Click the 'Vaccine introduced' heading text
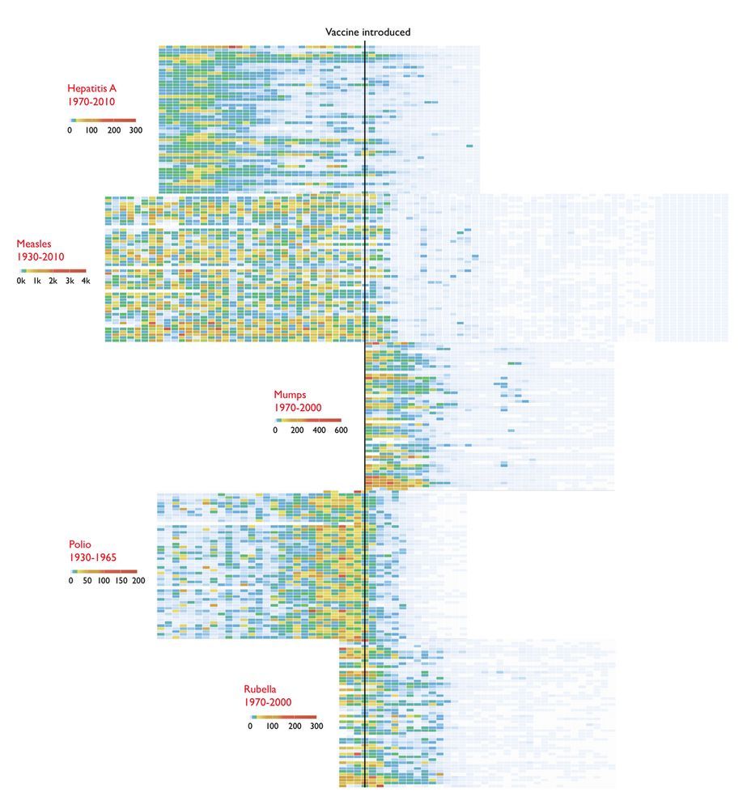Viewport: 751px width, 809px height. (367, 32)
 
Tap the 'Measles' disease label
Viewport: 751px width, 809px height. (33, 244)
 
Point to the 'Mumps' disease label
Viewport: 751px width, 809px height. (289, 395)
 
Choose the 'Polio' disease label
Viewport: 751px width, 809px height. (79, 544)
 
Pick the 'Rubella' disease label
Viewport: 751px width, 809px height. (260, 689)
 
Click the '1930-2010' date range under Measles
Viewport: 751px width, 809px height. (40, 256)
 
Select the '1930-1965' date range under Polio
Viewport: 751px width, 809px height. (93, 557)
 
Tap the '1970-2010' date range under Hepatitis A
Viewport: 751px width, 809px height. (92, 102)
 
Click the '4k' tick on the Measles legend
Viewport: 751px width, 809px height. (85, 281)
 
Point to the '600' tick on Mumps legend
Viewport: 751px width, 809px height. (341, 430)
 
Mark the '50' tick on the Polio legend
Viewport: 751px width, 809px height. (87, 581)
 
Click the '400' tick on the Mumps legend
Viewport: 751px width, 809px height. (319, 430)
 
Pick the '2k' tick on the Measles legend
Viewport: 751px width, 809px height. (53, 281)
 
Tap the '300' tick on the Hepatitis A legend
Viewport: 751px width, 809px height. (135, 129)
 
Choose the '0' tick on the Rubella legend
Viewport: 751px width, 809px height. (250, 726)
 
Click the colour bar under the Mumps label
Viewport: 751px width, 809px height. (308, 420)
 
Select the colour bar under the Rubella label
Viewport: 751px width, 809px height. (283, 716)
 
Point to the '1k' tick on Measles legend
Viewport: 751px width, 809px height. (37, 281)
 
